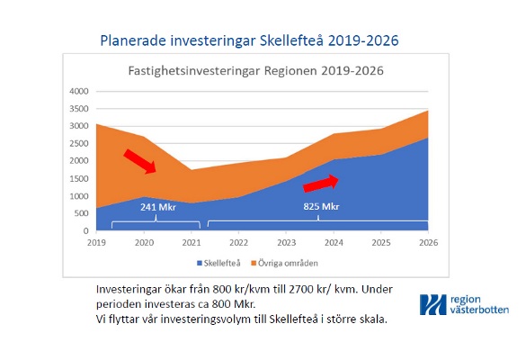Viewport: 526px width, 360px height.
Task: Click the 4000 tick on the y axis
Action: [x=79, y=91]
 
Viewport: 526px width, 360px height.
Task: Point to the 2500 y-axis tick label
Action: [x=79, y=143]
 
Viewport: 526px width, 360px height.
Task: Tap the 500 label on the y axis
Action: [x=81, y=213]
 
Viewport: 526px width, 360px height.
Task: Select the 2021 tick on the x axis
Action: [x=192, y=242]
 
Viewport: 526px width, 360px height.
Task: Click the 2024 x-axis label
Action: [x=334, y=242]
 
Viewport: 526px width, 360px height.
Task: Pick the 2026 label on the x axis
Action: [x=428, y=242]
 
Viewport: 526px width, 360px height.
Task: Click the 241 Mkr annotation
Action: [x=158, y=207]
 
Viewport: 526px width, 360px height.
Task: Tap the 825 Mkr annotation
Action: [x=321, y=206]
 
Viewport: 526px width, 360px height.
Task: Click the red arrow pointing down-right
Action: [x=140, y=161]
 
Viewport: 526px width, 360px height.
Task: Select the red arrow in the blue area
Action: [x=321, y=184]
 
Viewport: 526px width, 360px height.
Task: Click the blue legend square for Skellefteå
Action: [x=200, y=264]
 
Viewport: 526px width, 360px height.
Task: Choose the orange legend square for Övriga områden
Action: [x=254, y=264]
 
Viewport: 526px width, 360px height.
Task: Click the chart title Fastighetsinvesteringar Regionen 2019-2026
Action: [x=256, y=71]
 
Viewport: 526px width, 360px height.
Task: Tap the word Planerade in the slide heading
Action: [x=133, y=40]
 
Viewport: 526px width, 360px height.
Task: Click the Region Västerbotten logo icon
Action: [x=433, y=304]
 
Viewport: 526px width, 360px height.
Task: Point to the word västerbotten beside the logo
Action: [x=480, y=310]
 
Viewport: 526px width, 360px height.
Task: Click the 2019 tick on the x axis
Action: [x=96, y=242]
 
